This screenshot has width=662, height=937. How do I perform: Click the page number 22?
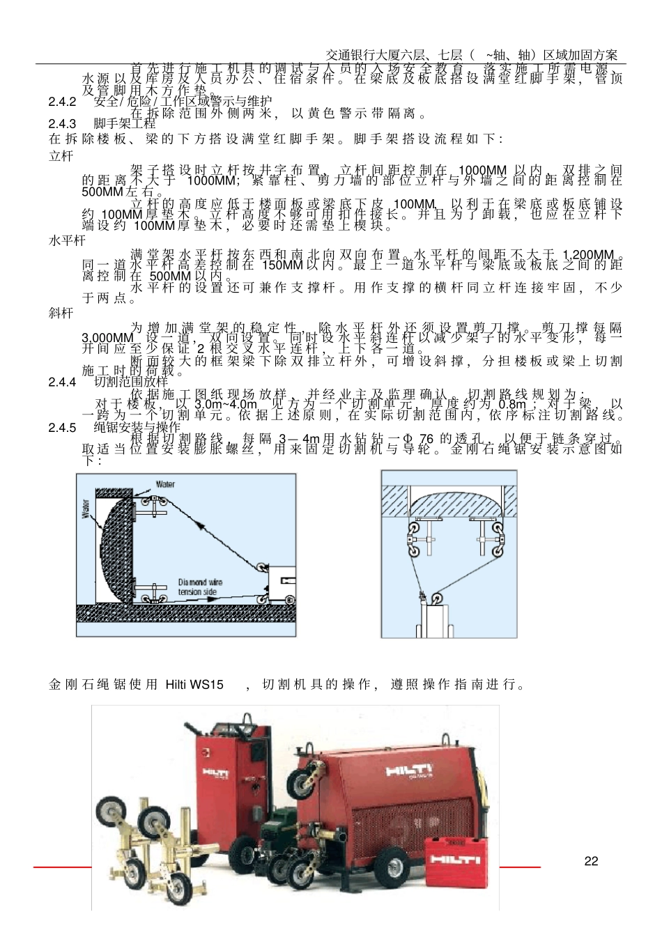(x=591, y=861)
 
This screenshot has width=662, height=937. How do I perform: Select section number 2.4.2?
(x=62, y=102)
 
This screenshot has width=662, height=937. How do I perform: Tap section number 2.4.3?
(x=62, y=124)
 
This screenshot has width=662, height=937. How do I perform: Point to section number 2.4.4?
(x=62, y=382)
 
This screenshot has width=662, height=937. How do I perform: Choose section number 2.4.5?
(x=62, y=427)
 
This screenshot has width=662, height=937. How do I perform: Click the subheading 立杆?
(x=61, y=156)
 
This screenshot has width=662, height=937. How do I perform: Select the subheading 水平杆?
(x=66, y=240)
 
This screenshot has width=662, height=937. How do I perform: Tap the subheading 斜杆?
(x=61, y=313)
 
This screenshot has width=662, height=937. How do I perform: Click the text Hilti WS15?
(x=194, y=684)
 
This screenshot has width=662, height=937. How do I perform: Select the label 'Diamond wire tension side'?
(x=200, y=587)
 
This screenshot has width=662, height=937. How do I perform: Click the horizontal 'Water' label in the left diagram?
(x=165, y=484)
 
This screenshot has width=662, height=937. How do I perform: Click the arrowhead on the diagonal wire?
(x=203, y=527)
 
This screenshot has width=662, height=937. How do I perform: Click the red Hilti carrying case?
(x=454, y=862)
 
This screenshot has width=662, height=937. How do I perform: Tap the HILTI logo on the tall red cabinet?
(x=216, y=772)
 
